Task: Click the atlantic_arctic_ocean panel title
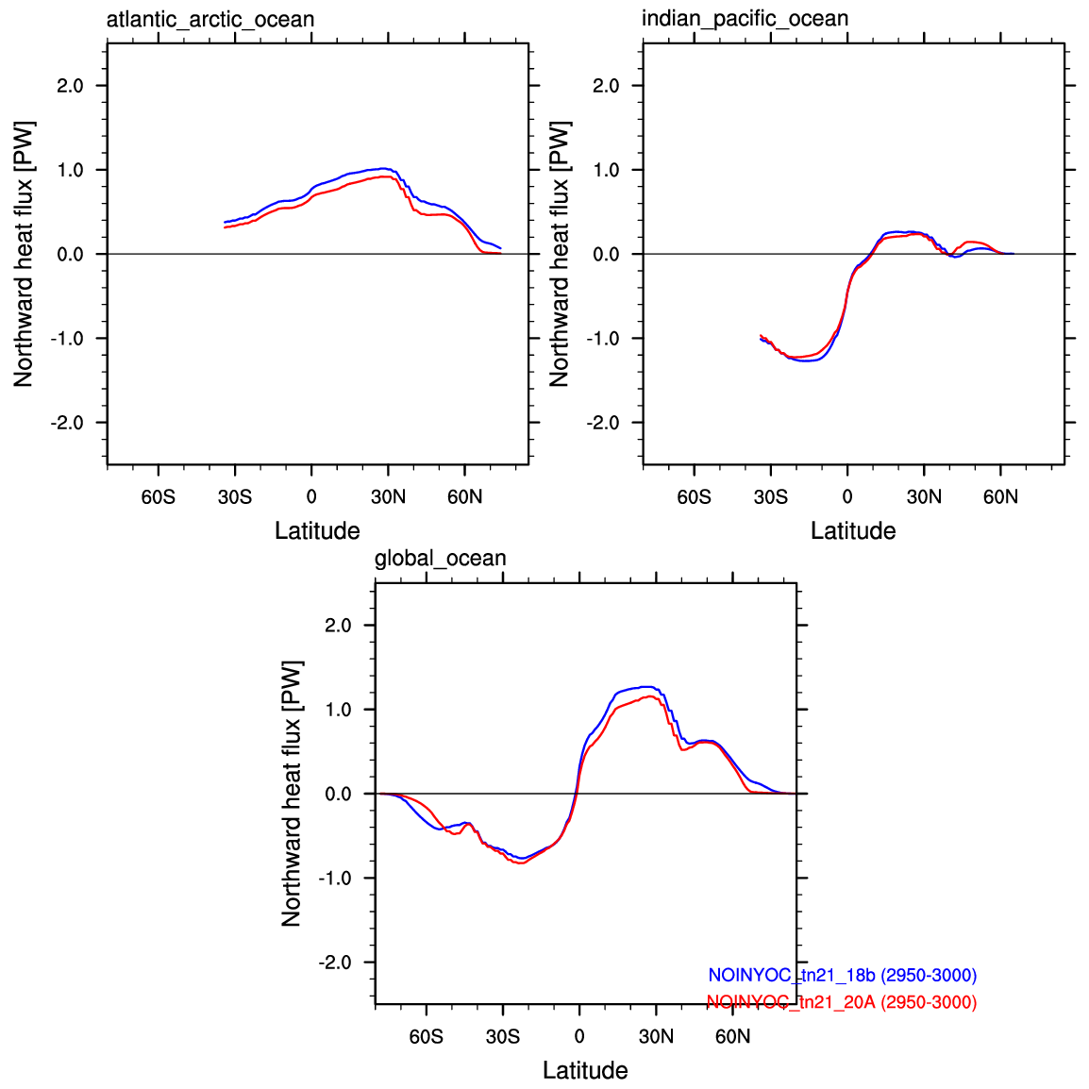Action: [210, 20]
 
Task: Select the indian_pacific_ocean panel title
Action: [746, 19]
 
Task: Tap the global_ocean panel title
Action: [441, 559]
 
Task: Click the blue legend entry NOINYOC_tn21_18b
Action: [843, 975]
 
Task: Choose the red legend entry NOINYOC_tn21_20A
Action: [842, 1002]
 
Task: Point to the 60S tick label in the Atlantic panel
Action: [159, 497]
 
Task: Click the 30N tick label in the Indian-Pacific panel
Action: [924, 497]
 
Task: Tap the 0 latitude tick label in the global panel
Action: [579, 1037]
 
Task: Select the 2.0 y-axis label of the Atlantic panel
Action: [70, 86]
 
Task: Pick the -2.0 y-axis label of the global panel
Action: [335, 963]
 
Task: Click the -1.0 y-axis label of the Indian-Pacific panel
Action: [603, 339]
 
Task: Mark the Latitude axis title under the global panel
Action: [585, 1070]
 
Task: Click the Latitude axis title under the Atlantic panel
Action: [317, 530]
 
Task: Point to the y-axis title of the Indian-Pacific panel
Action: [559, 254]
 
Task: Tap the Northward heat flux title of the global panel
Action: [292, 794]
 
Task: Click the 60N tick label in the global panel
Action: [732, 1037]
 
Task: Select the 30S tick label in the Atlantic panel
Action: [235, 497]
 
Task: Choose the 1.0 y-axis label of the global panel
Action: [338, 710]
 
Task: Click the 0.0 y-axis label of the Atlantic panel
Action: [70, 255]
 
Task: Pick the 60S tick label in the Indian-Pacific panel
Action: [695, 497]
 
